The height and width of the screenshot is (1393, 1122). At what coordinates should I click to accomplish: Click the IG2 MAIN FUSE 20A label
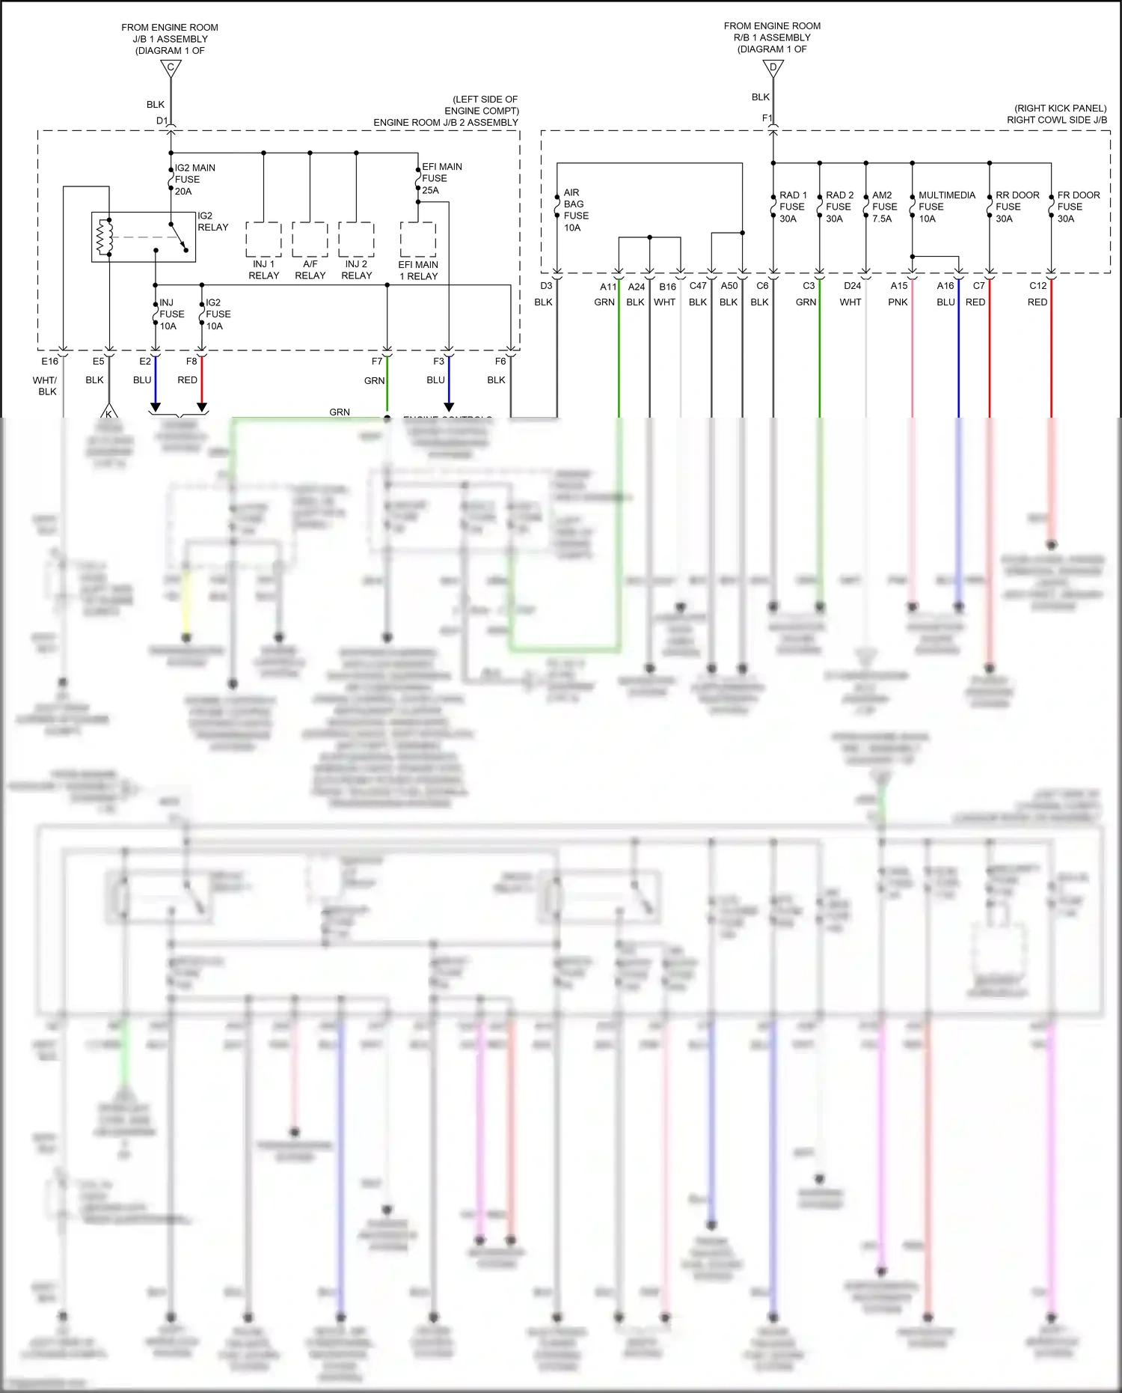194,180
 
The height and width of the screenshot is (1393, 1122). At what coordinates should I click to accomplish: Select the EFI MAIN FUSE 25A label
441,178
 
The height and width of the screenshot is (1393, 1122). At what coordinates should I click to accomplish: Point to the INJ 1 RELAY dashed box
263,240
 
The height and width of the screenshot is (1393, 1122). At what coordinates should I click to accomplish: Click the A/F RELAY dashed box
310,240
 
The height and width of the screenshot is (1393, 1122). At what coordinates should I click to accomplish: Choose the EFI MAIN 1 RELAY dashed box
418,240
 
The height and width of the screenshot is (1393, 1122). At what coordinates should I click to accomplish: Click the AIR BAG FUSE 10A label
576,210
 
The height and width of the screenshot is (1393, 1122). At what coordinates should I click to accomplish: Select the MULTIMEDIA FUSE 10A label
946,207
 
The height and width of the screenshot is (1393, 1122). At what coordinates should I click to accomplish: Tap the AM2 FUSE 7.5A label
884,207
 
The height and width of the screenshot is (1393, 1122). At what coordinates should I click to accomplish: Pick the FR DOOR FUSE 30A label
1078,207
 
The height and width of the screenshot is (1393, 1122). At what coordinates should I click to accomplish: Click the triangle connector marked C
171,68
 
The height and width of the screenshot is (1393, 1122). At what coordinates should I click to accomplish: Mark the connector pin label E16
49,362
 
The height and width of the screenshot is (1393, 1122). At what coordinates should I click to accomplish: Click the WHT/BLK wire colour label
46,385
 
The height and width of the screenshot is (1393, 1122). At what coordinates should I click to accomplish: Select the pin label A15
898,286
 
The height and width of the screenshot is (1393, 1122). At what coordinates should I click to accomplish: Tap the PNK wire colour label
898,302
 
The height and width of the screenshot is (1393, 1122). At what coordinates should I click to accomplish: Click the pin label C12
1037,286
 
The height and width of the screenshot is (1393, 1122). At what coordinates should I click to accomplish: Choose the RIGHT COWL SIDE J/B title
1056,120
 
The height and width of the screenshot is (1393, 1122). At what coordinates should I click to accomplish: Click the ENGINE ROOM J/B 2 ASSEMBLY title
446,123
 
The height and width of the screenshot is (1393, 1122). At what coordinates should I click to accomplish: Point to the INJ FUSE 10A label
171,314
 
